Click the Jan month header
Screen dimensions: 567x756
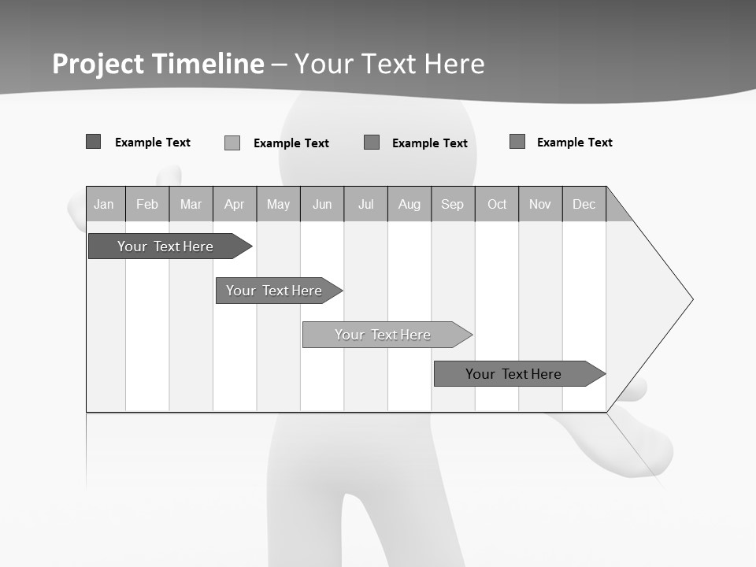click(x=104, y=204)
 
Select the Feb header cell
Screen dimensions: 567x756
click(x=147, y=204)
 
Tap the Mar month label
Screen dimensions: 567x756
click(x=191, y=204)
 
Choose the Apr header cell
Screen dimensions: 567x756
click(x=234, y=204)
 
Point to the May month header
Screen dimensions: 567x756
click(x=278, y=204)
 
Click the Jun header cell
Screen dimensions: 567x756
click(x=322, y=204)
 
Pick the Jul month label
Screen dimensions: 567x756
click(x=365, y=204)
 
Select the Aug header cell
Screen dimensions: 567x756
click(x=409, y=204)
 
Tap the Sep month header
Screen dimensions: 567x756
click(x=453, y=204)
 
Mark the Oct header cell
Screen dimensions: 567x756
click(x=497, y=204)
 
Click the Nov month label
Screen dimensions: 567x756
click(x=540, y=204)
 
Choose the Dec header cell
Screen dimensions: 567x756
click(x=584, y=204)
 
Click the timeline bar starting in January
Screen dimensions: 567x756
click(x=165, y=246)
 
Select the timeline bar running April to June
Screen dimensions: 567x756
click(x=274, y=291)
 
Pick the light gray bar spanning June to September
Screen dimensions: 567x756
click(x=383, y=335)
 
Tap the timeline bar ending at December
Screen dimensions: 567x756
click(x=513, y=374)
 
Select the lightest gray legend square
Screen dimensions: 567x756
click(x=232, y=143)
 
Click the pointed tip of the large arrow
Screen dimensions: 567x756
click(x=691, y=299)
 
